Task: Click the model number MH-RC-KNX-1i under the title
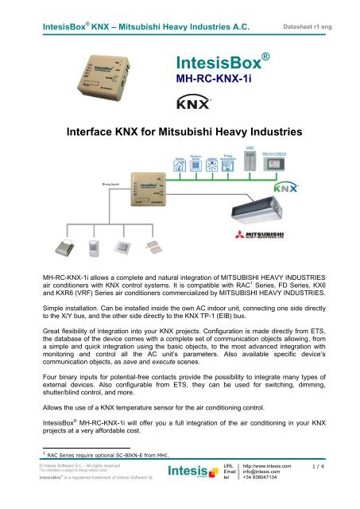207,80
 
